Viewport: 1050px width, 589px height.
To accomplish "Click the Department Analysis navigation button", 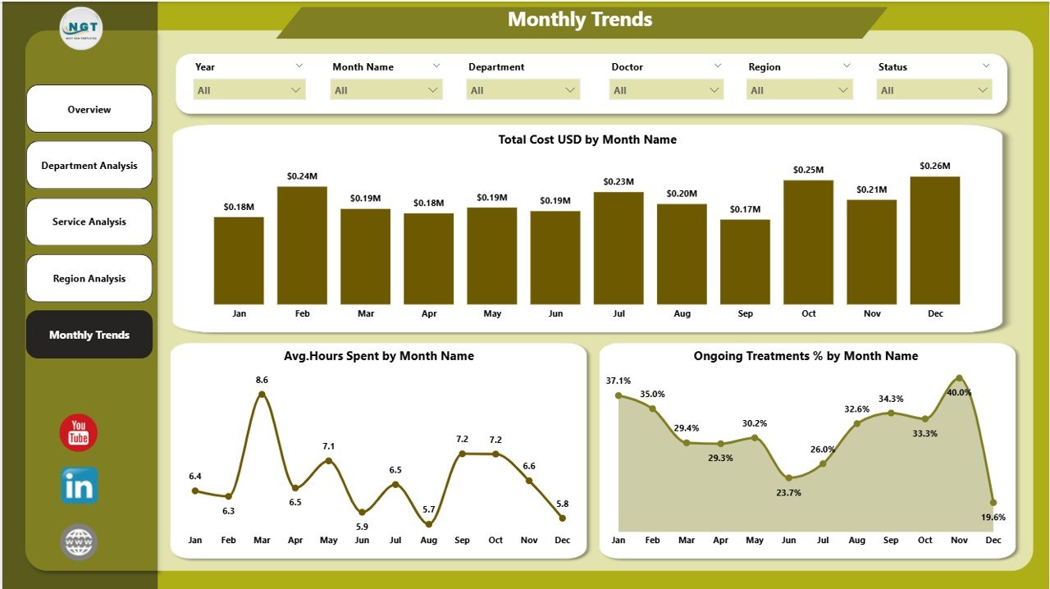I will coord(89,166).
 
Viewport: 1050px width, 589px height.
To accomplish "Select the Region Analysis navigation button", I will coord(89,279).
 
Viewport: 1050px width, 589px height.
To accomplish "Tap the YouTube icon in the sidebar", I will coord(79,432).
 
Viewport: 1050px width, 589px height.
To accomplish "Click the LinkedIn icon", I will coord(79,486).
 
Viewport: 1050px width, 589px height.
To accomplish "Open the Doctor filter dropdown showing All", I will coord(666,90).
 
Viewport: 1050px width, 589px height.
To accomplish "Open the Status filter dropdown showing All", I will coord(934,90).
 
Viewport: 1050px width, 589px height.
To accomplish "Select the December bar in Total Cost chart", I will coord(934,240).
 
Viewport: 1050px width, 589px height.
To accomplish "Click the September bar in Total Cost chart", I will coord(745,262).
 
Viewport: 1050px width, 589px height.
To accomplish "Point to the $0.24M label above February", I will coord(302,176).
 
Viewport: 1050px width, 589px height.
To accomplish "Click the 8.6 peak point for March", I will coord(262,394).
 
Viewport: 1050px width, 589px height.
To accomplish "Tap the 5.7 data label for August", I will coord(429,509).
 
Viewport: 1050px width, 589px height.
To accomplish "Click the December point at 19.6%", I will coord(993,502).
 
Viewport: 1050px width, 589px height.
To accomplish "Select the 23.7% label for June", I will coord(788,493).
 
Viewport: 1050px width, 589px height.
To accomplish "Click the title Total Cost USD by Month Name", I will coord(587,139).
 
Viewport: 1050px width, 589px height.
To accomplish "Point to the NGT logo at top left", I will coord(81,28).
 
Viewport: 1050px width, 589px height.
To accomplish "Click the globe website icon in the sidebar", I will coord(79,542).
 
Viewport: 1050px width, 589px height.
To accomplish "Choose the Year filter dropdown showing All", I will coord(249,90).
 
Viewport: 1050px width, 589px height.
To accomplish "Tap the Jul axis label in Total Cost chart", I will coord(619,314).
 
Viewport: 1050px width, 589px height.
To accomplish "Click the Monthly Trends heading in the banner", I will coord(580,20).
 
